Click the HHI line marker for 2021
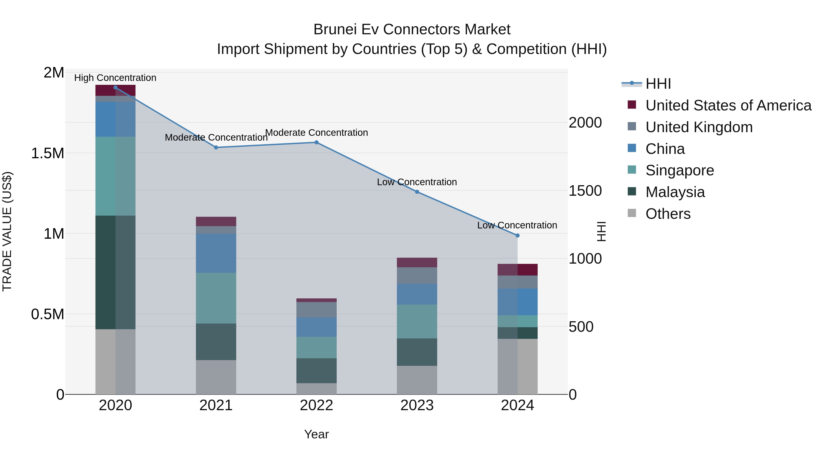pyautogui.click(x=216, y=147)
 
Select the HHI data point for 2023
pyautogui.click(x=417, y=192)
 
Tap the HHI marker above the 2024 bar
pyautogui.click(x=518, y=236)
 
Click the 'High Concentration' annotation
pyautogui.click(x=115, y=78)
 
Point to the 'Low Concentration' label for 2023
pyautogui.click(x=417, y=182)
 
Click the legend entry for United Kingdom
pyautogui.click(x=699, y=127)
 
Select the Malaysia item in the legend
pyautogui.click(x=675, y=192)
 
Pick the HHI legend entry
pyautogui.click(x=658, y=84)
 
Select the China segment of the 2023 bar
pyautogui.click(x=417, y=294)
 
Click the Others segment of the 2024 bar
pyautogui.click(x=518, y=367)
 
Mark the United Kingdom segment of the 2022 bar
pyautogui.click(x=316, y=310)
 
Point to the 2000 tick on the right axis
pyautogui.click(x=585, y=123)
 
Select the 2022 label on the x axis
pyautogui.click(x=316, y=405)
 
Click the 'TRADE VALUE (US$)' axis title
pyautogui.click(x=7, y=231)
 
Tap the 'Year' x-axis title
pyautogui.click(x=316, y=434)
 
